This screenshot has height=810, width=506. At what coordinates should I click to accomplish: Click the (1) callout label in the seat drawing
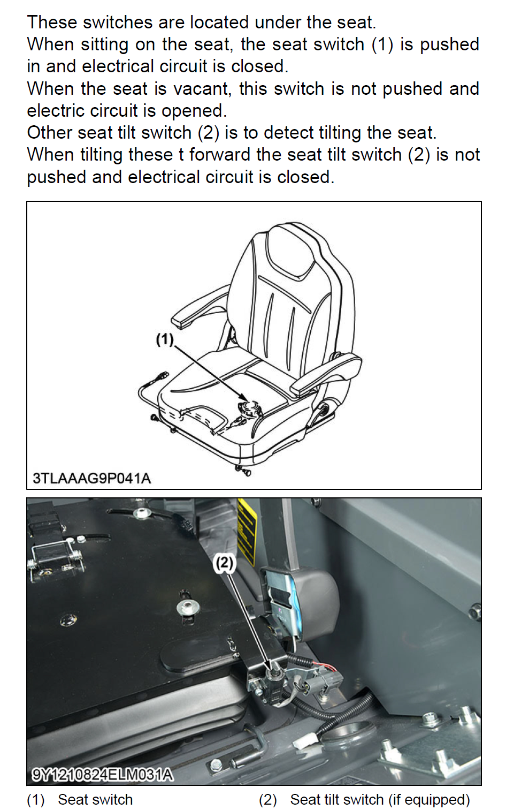click(165, 339)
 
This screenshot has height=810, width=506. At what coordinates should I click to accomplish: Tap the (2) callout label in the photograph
click(224, 563)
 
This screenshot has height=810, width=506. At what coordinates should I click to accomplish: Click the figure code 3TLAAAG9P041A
click(92, 478)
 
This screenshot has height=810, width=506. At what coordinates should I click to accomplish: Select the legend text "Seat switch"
click(95, 799)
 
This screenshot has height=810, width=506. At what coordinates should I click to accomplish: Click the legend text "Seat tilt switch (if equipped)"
click(380, 799)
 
